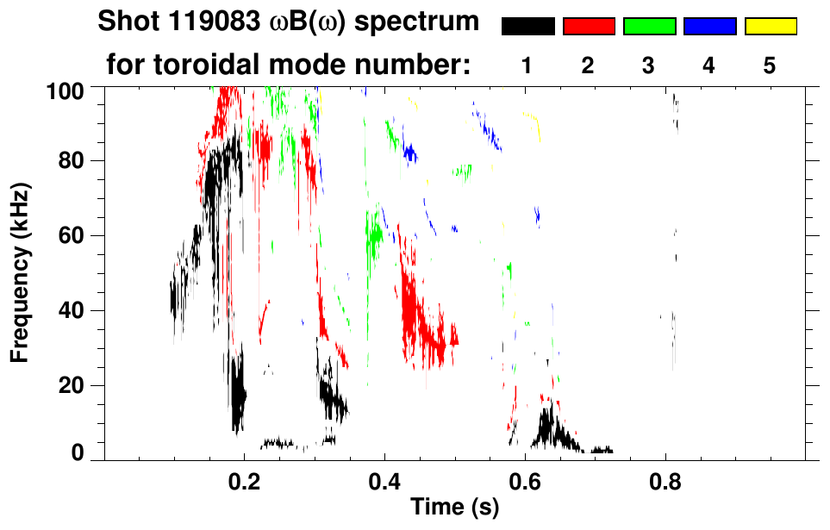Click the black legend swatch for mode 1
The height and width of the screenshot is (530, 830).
coord(527,27)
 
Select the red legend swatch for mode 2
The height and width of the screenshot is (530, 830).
coord(588,27)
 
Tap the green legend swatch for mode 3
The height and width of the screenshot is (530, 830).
coord(648,27)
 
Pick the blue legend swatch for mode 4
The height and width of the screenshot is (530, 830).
coord(709,27)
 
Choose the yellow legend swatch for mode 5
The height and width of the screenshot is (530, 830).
coord(770,27)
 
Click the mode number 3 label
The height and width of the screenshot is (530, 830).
coord(648,65)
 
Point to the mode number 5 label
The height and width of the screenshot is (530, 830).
coord(770,65)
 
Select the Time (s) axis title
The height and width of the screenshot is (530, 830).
coord(454,508)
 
